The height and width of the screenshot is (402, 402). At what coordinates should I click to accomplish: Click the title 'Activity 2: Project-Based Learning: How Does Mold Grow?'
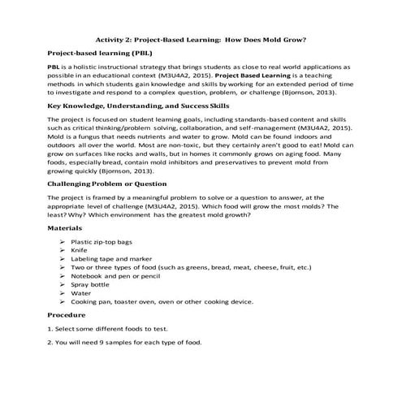(x=201, y=38)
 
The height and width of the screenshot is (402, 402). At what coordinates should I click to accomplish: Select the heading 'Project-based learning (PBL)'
(x=96, y=53)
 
